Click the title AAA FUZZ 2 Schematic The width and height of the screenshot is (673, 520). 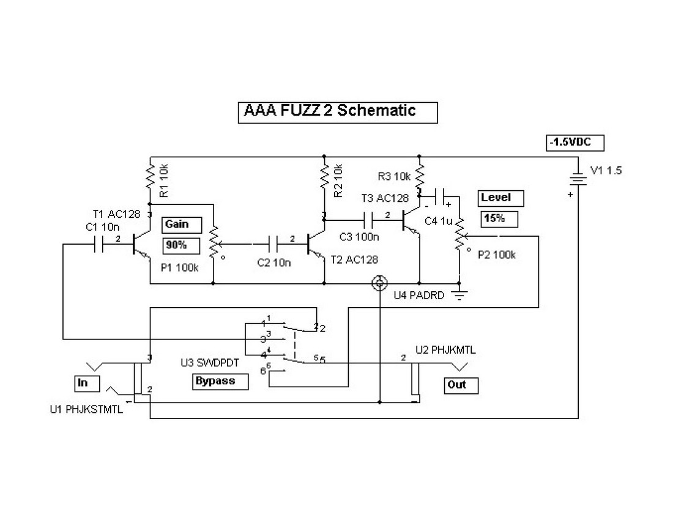pos(338,112)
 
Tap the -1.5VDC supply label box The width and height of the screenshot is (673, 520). pos(575,143)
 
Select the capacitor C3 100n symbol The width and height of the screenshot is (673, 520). pos(368,218)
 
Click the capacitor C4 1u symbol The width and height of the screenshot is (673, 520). pos(442,197)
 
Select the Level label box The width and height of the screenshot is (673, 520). pos(502,198)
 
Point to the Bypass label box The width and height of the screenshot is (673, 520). pos(221,381)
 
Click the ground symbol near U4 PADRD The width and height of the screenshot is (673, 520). pos(459,296)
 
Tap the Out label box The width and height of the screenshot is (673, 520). pos(461,385)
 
